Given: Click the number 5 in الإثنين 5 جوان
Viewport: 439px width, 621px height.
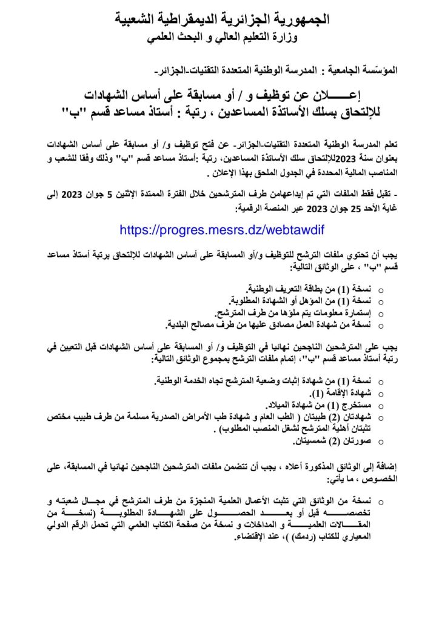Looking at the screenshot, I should tap(303, 195).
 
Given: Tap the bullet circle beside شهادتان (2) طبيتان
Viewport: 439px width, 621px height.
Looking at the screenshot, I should tap(380, 418).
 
